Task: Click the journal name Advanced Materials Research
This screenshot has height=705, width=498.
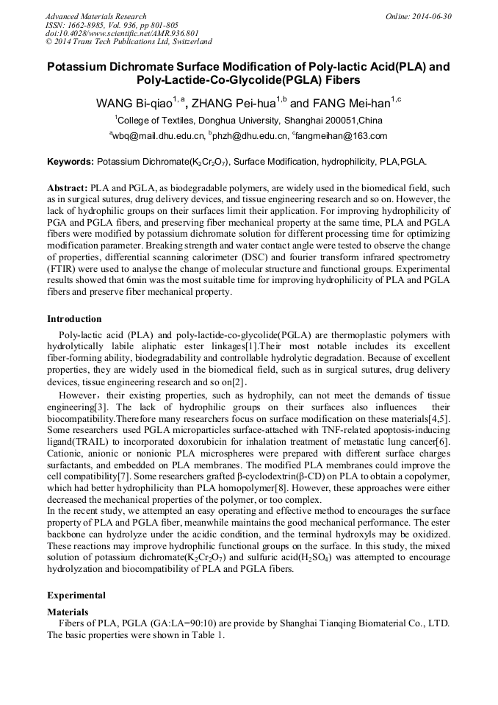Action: pyautogui.click(x=95, y=16)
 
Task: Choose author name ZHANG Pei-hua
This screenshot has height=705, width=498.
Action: pyautogui.click(x=234, y=104)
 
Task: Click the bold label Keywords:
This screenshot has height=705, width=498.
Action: pyautogui.click(x=71, y=161)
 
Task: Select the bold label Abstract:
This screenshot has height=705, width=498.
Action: pyautogui.click(x=68, y=188)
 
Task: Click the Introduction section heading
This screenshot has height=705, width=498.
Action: pyautogui.click(x=74, y=319)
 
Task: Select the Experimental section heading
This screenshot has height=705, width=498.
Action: pyautogui.click(x=76, y=595)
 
